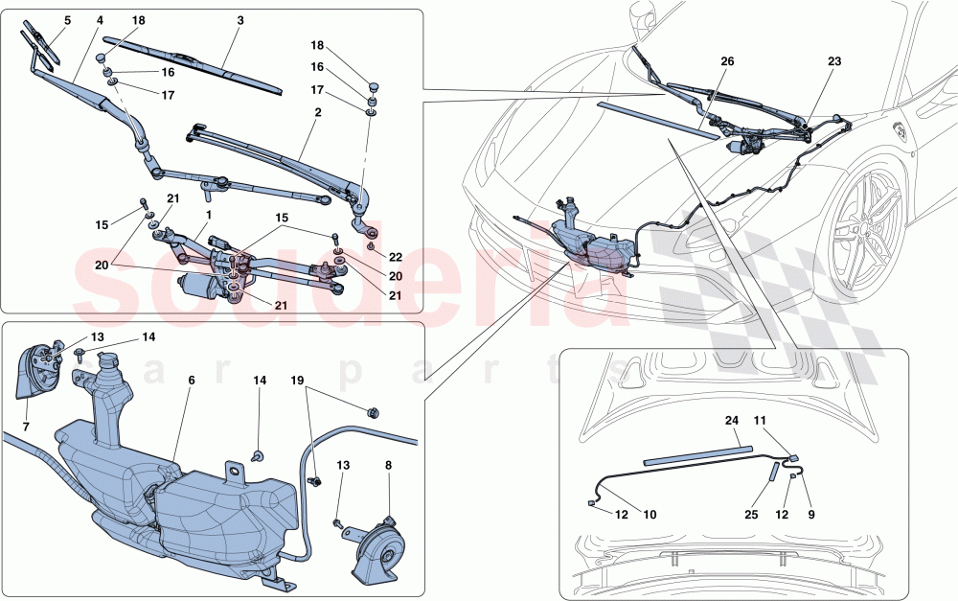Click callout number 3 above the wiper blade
point(239,20)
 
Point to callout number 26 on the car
point(727,61)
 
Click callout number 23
point(834,61)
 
